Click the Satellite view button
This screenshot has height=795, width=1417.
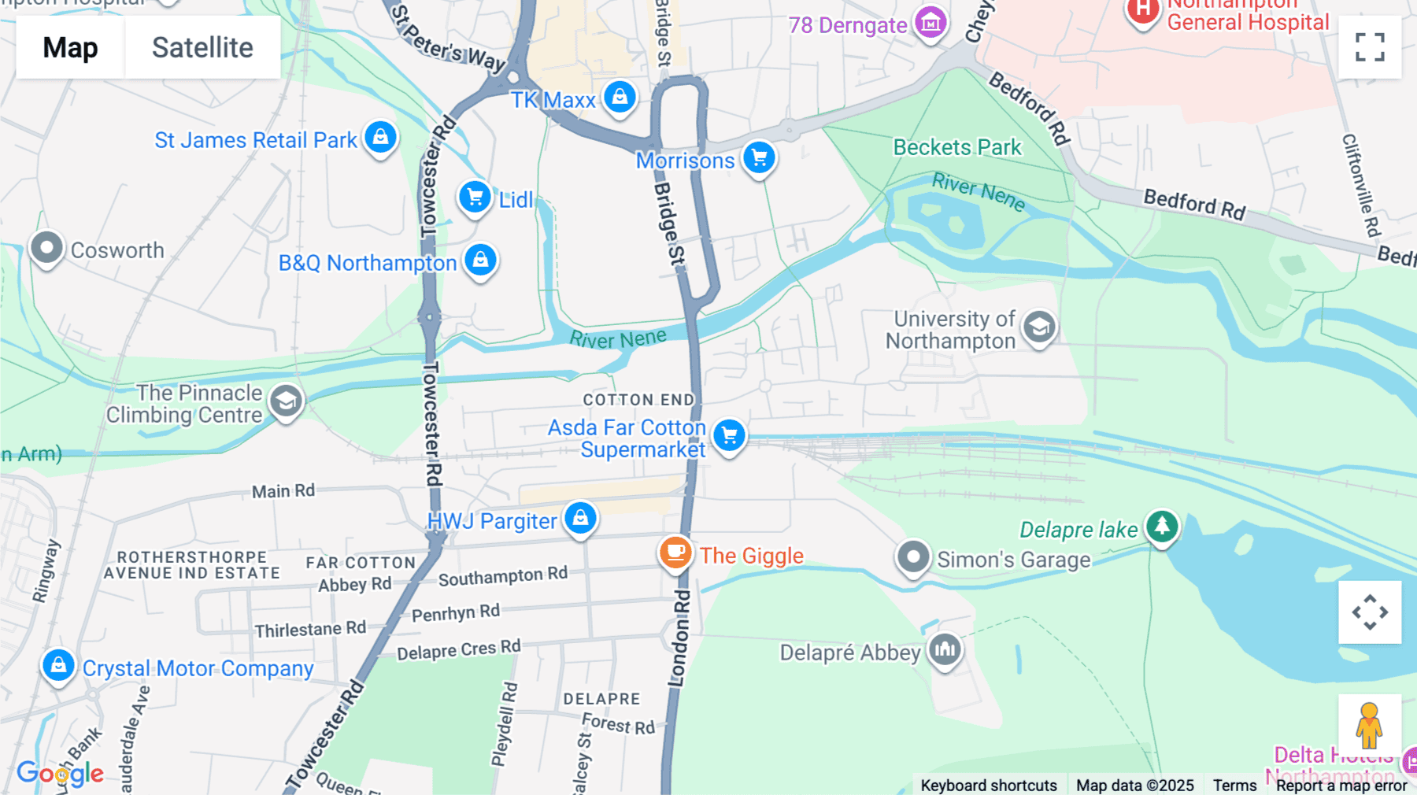point(202,47)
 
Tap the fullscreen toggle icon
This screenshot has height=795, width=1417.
point(1370,47)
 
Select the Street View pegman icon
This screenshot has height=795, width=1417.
point(1369,726)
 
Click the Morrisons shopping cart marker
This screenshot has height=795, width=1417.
point(759,158)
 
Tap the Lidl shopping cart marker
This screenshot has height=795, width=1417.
point(475,198)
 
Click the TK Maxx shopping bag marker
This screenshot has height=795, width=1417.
point(620,98)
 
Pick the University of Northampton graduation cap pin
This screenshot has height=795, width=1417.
point(1039,327)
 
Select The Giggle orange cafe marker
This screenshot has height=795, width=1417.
point(675,553)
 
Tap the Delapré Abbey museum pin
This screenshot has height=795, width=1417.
point(945,650)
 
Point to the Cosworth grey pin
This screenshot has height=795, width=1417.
point(46,248)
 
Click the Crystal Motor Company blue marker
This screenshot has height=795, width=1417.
point(58,666)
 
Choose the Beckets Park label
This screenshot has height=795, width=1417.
point(956,147)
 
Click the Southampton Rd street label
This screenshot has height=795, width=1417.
point(502,577)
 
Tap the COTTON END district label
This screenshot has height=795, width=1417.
point(638,400)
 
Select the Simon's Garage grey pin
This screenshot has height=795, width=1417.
point(913,557)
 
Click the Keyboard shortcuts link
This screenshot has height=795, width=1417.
point(988,785)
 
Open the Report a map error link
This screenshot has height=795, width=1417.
point(1341,785)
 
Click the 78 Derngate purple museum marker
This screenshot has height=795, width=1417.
point(930,23)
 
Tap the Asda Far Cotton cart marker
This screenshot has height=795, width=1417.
point(729,434)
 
